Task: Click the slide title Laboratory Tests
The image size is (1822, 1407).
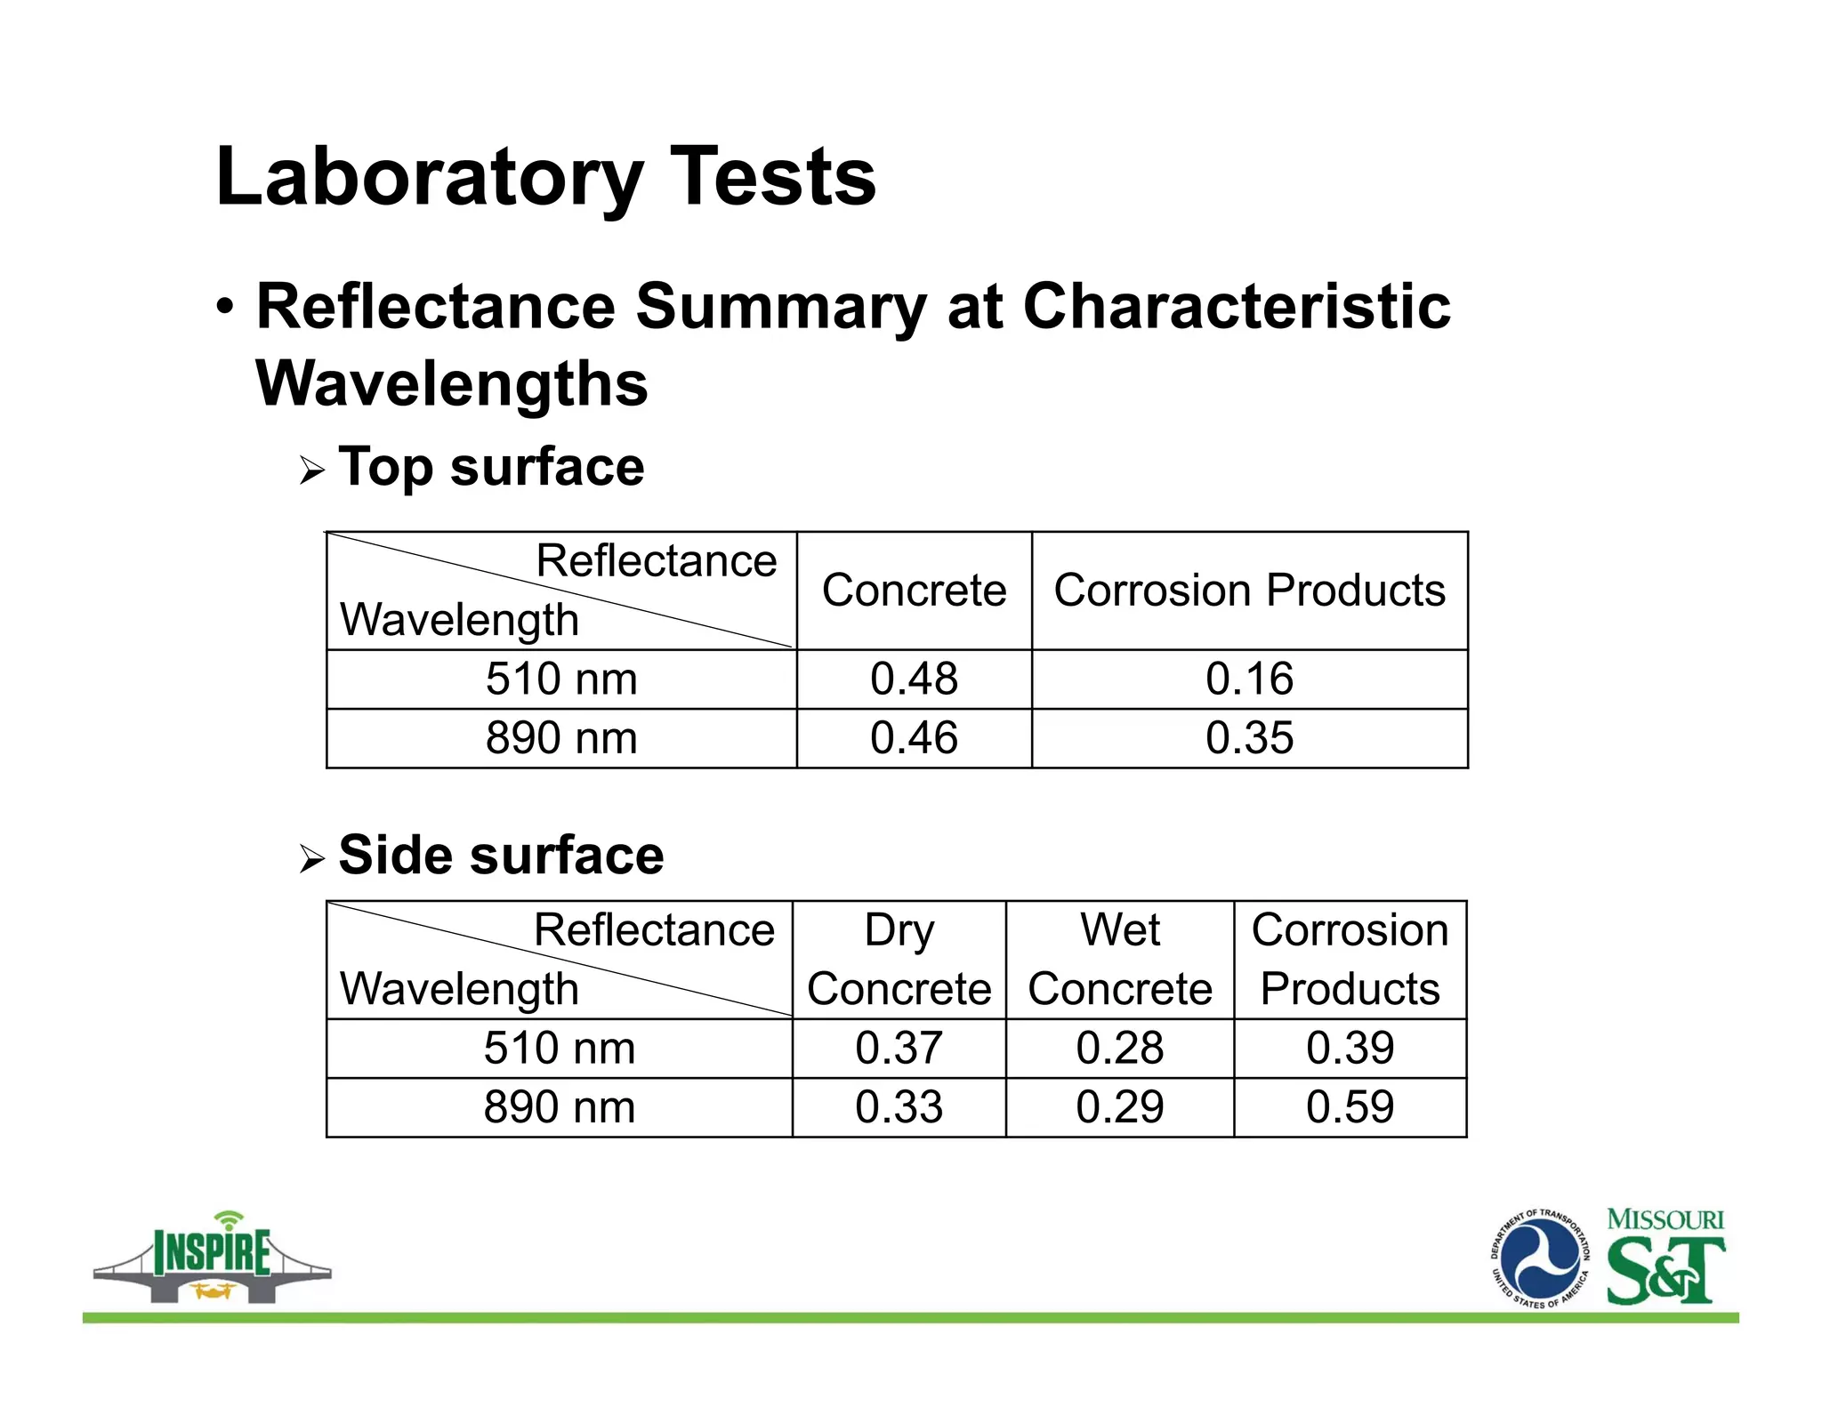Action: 545,176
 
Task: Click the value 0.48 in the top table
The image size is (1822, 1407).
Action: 914,679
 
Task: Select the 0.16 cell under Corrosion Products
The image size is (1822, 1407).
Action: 1249,679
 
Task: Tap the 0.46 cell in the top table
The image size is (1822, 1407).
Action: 914,738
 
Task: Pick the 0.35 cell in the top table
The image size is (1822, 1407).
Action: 1249,738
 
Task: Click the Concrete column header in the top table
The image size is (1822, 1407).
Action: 914,591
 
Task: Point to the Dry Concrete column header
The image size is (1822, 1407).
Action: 899,960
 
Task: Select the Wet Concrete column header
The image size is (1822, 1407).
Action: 1119,960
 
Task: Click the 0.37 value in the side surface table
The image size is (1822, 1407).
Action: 899,1048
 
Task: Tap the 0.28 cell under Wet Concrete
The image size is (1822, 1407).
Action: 1119,1048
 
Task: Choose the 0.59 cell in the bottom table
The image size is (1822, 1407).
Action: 1350,1107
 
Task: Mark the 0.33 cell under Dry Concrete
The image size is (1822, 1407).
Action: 899,1107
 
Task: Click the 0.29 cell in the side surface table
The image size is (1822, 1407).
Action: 1119,1107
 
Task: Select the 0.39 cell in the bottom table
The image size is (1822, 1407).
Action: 1350,1048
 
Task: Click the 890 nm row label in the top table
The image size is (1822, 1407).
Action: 561,738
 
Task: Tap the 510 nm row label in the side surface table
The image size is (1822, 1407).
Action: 560,1048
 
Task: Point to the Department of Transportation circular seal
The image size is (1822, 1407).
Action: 1540,1258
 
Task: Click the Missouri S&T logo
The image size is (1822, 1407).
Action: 1665,1258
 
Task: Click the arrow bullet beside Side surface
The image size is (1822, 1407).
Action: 312,859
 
